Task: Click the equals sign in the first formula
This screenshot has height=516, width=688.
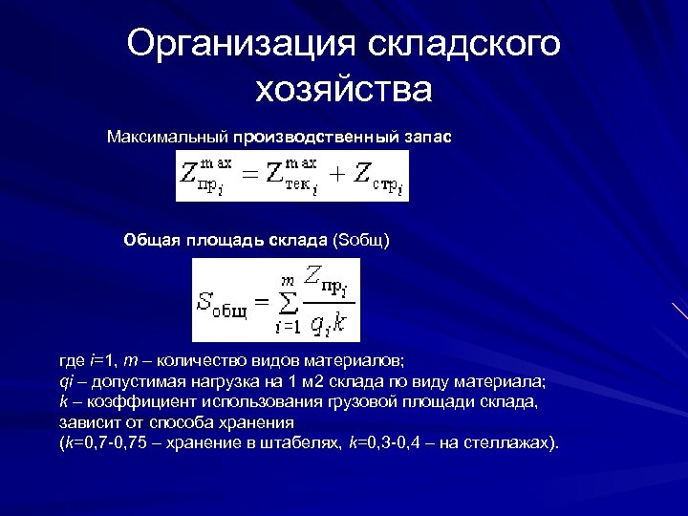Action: tap(247, 175)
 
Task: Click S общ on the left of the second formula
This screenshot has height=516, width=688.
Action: tap(222, 304)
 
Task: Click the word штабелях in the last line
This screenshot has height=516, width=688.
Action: tap(305, 444)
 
